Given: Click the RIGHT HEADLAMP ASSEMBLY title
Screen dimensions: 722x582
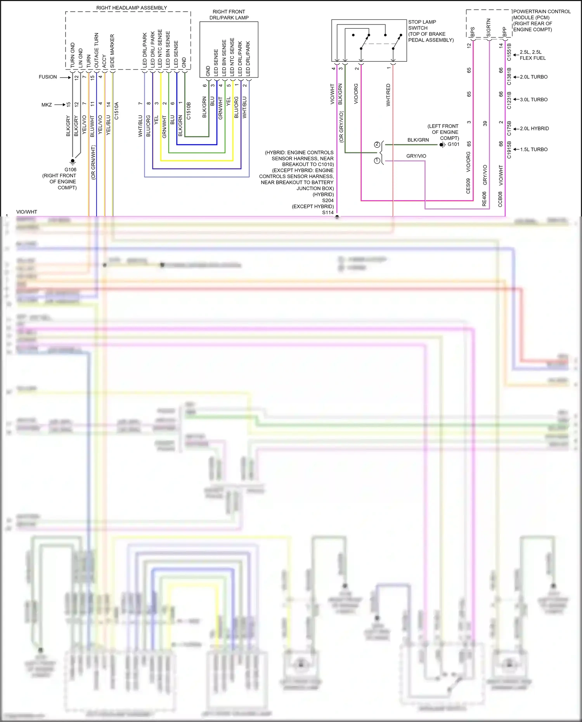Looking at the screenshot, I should pyautogui.click(x=132, y=8).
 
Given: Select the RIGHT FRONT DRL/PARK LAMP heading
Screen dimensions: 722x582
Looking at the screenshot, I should pyautogui.click(x=229, y=15).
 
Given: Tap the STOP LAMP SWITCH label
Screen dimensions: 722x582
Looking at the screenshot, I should pyautogui.click(x=422, y=25).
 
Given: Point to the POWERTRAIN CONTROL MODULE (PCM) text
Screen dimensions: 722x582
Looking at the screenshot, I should pyautogui.click(x=542, y=14).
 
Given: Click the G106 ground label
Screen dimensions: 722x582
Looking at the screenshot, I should pyautogui.click(x=70, y=170).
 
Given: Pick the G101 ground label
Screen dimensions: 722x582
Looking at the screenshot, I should pyautogui.click(x=453, y=144).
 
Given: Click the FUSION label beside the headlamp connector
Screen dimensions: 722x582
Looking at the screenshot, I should pyautogui.click(x=48, y=77).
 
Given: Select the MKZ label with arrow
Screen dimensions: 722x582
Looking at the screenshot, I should pyautogui.click(x=47, y=105).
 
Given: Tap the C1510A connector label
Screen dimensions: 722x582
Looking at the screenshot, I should pyautogui.click(x=116, y=111).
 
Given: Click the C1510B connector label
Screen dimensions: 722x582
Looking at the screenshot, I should pyautogui.click(x=189, y=111).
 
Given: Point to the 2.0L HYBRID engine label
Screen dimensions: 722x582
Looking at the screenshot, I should pyautogui.click(x=534, y=128).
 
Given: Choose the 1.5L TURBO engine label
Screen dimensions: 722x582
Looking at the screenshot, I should pyautogui.click(x=534, y=149).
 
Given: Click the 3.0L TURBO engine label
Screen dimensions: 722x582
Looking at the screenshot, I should pyautogui.click(x=534, y=100).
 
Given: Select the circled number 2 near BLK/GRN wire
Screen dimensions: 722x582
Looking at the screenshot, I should pyautogui.click(x=377, y=145).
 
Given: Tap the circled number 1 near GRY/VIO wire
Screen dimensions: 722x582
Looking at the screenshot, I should pyautogui.click(x=377, y=161).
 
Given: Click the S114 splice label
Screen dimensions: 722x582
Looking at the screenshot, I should pyautogui.click(x=328, y=212).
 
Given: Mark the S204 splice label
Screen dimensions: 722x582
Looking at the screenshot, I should pyautogui.click(x=328, y=201).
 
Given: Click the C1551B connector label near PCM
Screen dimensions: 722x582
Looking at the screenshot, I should pyautogui.click(x=509, y=52).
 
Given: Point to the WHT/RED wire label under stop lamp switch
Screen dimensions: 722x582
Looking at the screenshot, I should pyautogui.click(x=388, y=95).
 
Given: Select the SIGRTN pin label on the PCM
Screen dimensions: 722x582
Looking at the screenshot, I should pyautogui.click(x=488, y=28).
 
